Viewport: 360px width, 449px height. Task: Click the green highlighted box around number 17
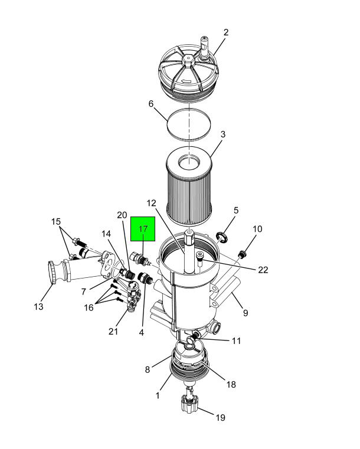(x=143, y=229)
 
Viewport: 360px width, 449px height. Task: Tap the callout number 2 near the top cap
(x=226, y=32)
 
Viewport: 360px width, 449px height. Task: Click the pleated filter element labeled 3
(x=189, y=186)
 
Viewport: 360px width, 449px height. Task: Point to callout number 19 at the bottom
(x=220, y=418)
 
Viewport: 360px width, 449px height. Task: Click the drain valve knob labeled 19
(x=189, y=404)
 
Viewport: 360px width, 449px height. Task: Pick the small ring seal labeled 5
(x=222, y=237)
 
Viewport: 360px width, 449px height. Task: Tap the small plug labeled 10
(x=243, y=254)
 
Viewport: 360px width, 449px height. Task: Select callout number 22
(x=263, y=270)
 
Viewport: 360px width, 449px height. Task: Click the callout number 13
(x=39, y=307)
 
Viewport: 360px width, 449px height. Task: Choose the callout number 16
(x=89, y=307)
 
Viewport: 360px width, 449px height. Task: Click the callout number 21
(x=113, y=332)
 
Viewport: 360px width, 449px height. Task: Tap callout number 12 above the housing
(x=151, y=203)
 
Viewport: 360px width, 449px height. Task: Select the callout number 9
(x=246, y=313)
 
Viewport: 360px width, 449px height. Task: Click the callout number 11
(x=236, y=341)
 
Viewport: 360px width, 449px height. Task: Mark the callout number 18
(x=231, y=384)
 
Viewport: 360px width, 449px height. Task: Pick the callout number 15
(x=56, y=222)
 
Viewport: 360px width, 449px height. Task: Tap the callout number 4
(x=142, y=332)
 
